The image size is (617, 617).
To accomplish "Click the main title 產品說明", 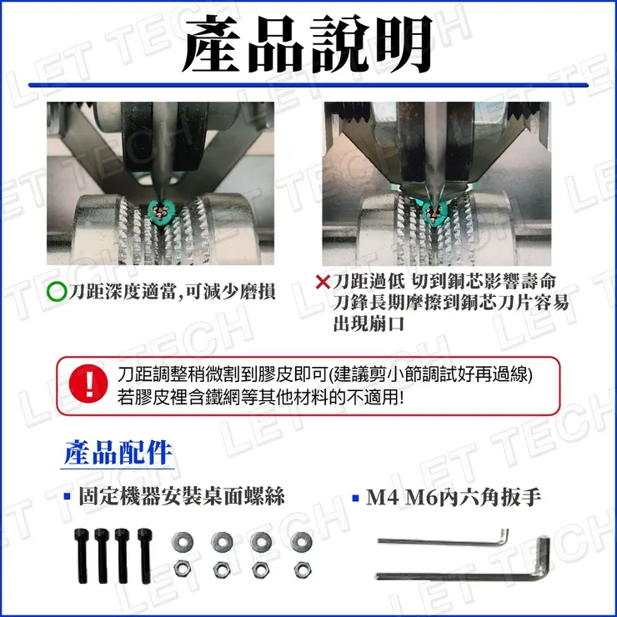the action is pos(308,44).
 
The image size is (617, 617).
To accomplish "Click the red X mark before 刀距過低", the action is pos(323,281).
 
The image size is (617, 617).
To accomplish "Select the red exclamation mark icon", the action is pos(88,384).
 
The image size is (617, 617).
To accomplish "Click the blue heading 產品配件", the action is pos(118,453).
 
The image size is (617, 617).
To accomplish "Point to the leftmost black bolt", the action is pos(82,555).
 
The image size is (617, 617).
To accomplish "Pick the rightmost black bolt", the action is pos(145,555).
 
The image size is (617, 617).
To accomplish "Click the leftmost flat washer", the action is pos(183,542).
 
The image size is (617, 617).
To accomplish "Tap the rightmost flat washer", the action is pos(302,541).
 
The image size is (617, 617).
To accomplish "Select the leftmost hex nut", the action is pos(183,569).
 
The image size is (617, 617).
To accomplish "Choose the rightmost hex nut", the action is pos(303,569).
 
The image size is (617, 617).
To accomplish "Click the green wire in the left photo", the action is pos(160,213).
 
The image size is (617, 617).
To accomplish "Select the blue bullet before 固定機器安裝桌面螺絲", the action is pos(68,497).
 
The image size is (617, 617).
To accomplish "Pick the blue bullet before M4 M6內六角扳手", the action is pos(356,498).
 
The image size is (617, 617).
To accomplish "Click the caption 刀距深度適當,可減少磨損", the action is pos(172,292).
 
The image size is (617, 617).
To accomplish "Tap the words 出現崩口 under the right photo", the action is pos(369,324).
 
